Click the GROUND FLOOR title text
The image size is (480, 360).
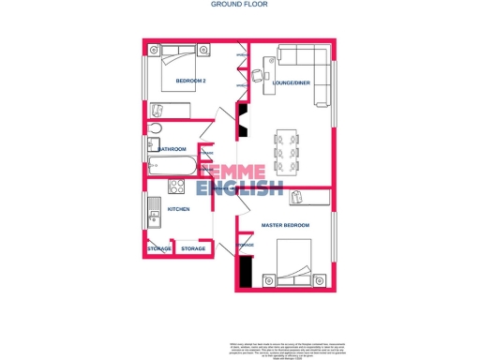pos(241,5)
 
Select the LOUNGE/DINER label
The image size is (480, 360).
pos(291,82)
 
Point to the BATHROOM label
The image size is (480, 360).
pos(172,149)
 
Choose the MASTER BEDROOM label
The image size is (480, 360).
pos(285,226)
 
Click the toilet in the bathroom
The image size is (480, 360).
pos(156,128)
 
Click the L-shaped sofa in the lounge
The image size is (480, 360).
pos(317,73)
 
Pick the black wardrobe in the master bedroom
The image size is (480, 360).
pos(246,273)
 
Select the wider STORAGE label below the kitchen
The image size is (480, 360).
pos(193,248)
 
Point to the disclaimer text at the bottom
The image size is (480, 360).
pos(281,349)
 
